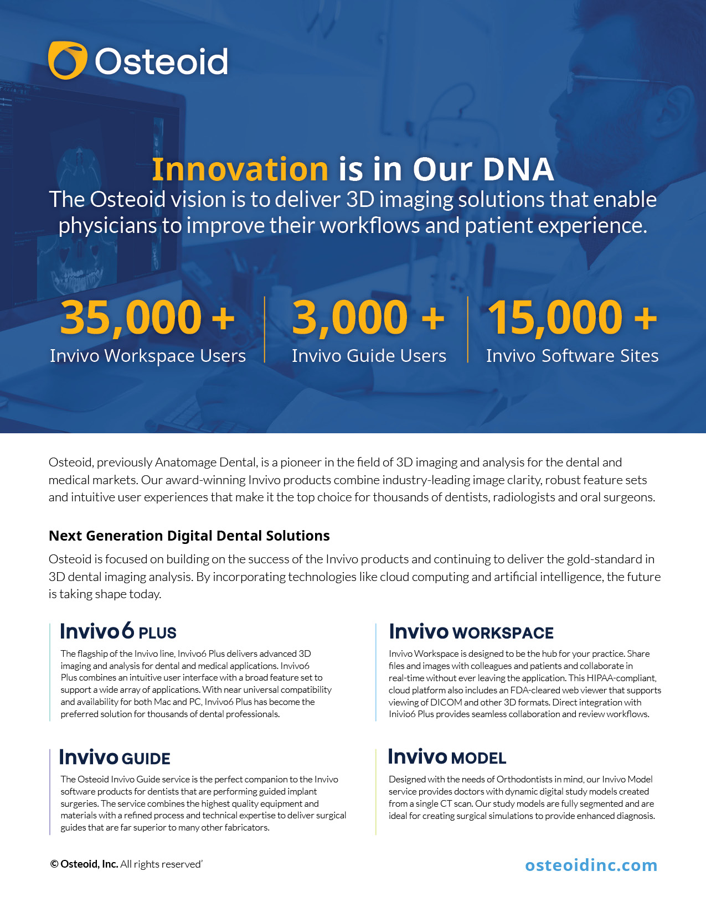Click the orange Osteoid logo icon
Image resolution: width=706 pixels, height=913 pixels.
click(x=68, y=60)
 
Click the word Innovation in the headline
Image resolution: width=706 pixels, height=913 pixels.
click(x=240, y=169)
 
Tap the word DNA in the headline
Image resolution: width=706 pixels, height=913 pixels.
click(x=518, y=169)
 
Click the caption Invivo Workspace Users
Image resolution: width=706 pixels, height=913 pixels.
click(x=148, y=356)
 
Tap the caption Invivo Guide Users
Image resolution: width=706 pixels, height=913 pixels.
click(x=369, y=356)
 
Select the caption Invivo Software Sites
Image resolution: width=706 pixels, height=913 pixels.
click(x=573, y=356)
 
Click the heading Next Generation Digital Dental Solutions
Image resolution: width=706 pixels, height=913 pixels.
click(x=189, y=536)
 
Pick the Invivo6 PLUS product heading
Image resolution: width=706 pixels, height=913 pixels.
click(x=118, y=631)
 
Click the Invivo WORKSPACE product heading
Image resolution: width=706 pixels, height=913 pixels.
click(x=471, y=631)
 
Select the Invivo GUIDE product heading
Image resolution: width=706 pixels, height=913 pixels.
click(x=115, y=758)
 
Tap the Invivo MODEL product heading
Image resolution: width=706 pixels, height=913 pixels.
click(x=447, y=757)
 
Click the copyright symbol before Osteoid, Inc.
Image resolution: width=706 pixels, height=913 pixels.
click(x=54, y=864)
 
